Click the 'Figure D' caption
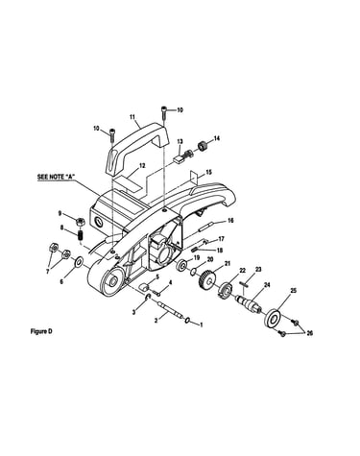pos(41,331)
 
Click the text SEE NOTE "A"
pos(57,177)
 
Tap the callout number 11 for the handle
pos(132,117)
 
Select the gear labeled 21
pos(207,279)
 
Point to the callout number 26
pos(309,333)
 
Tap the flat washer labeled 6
pos(79,262)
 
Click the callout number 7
pos(48,272)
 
